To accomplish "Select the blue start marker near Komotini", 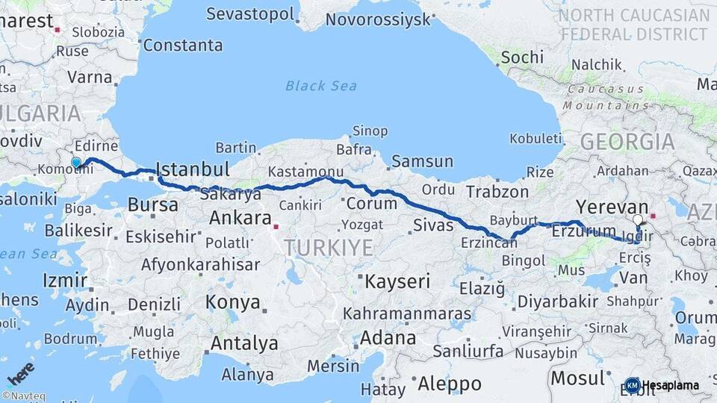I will coord(75,162).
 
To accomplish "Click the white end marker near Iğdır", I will coord(637,220).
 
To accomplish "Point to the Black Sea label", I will coord(321,86).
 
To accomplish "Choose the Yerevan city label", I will coord(612,207).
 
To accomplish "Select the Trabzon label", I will coord(497,191).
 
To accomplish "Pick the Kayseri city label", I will coord(397,281).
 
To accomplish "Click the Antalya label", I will coord(243,344).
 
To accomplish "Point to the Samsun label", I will coord(422,161).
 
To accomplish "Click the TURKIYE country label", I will coord(328,248).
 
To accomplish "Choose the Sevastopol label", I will coord(251,13).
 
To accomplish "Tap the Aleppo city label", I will coord(449,384).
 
